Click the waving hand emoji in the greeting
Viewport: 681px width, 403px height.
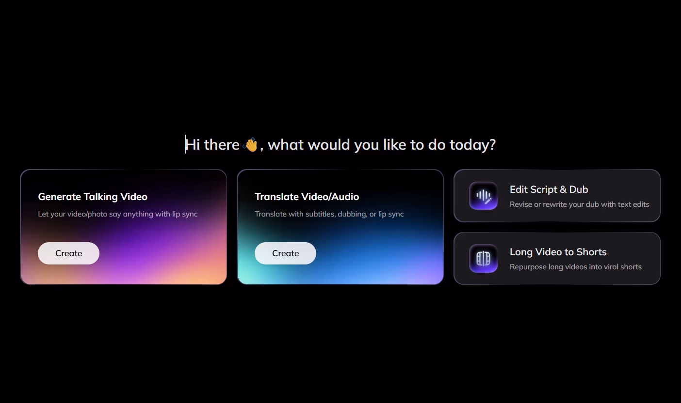point(250,144)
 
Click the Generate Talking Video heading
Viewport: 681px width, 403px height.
point(93,197)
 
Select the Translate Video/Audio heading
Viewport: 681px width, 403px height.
point(307,197)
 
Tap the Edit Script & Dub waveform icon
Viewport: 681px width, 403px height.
point(484,196)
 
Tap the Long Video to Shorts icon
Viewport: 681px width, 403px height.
point(484,259)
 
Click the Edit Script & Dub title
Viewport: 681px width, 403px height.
point(549,189)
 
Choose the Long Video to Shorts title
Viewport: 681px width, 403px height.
point(558,252)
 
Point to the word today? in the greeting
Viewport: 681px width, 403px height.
point(473,145)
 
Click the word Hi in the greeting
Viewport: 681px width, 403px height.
point(193,144)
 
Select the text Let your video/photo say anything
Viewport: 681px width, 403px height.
point(96,214)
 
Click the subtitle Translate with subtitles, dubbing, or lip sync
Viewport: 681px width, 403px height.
point(329,214)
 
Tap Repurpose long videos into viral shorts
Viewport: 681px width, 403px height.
point(576,267)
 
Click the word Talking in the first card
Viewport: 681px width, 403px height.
point(101,197)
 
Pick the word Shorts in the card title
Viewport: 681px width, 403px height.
point(592,252)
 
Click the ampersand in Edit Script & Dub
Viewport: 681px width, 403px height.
point(563,189)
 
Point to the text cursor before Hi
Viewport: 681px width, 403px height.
point(185,144)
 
